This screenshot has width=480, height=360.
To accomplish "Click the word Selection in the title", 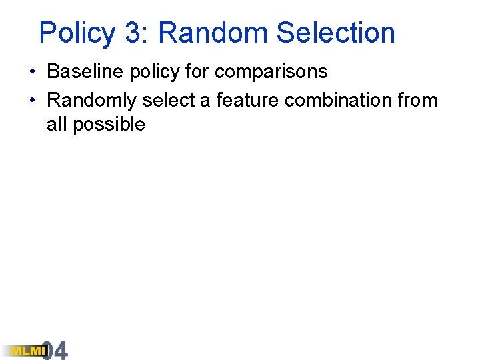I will tap(335, 33).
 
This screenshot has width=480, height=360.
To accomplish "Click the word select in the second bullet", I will tap(169, 100).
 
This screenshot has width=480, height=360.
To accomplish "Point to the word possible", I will tap(109, 125).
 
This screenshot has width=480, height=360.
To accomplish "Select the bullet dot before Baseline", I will tap(32, 71).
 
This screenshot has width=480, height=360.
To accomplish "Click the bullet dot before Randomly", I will tap(32, 101).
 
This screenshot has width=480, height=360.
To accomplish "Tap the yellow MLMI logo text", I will tap(24, 351).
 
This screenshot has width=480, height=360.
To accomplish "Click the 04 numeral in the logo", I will tap(55, 351).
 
